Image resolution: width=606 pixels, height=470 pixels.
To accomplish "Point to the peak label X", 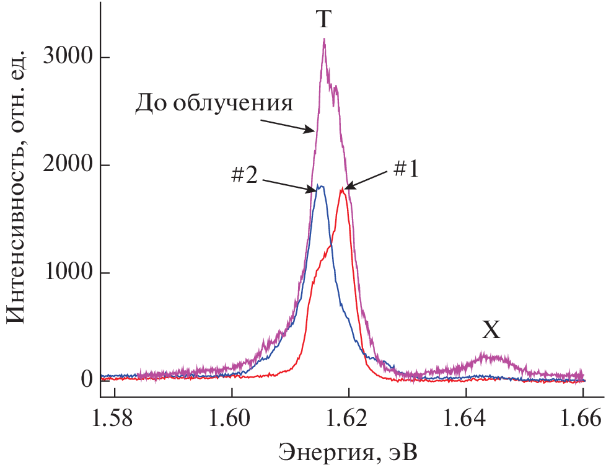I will pyautogui.click(x=491, y=331).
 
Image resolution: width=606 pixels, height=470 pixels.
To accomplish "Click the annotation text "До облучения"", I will pyautogui.click(x=214, y=103).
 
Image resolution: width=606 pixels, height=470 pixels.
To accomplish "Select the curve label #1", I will pyautogui.click(x=406, y=169).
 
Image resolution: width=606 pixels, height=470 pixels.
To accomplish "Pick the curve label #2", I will pyautogui.click(x=245, y=176).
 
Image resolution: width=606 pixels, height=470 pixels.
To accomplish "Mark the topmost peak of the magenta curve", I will pyautogui.click(x=324, y=40).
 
